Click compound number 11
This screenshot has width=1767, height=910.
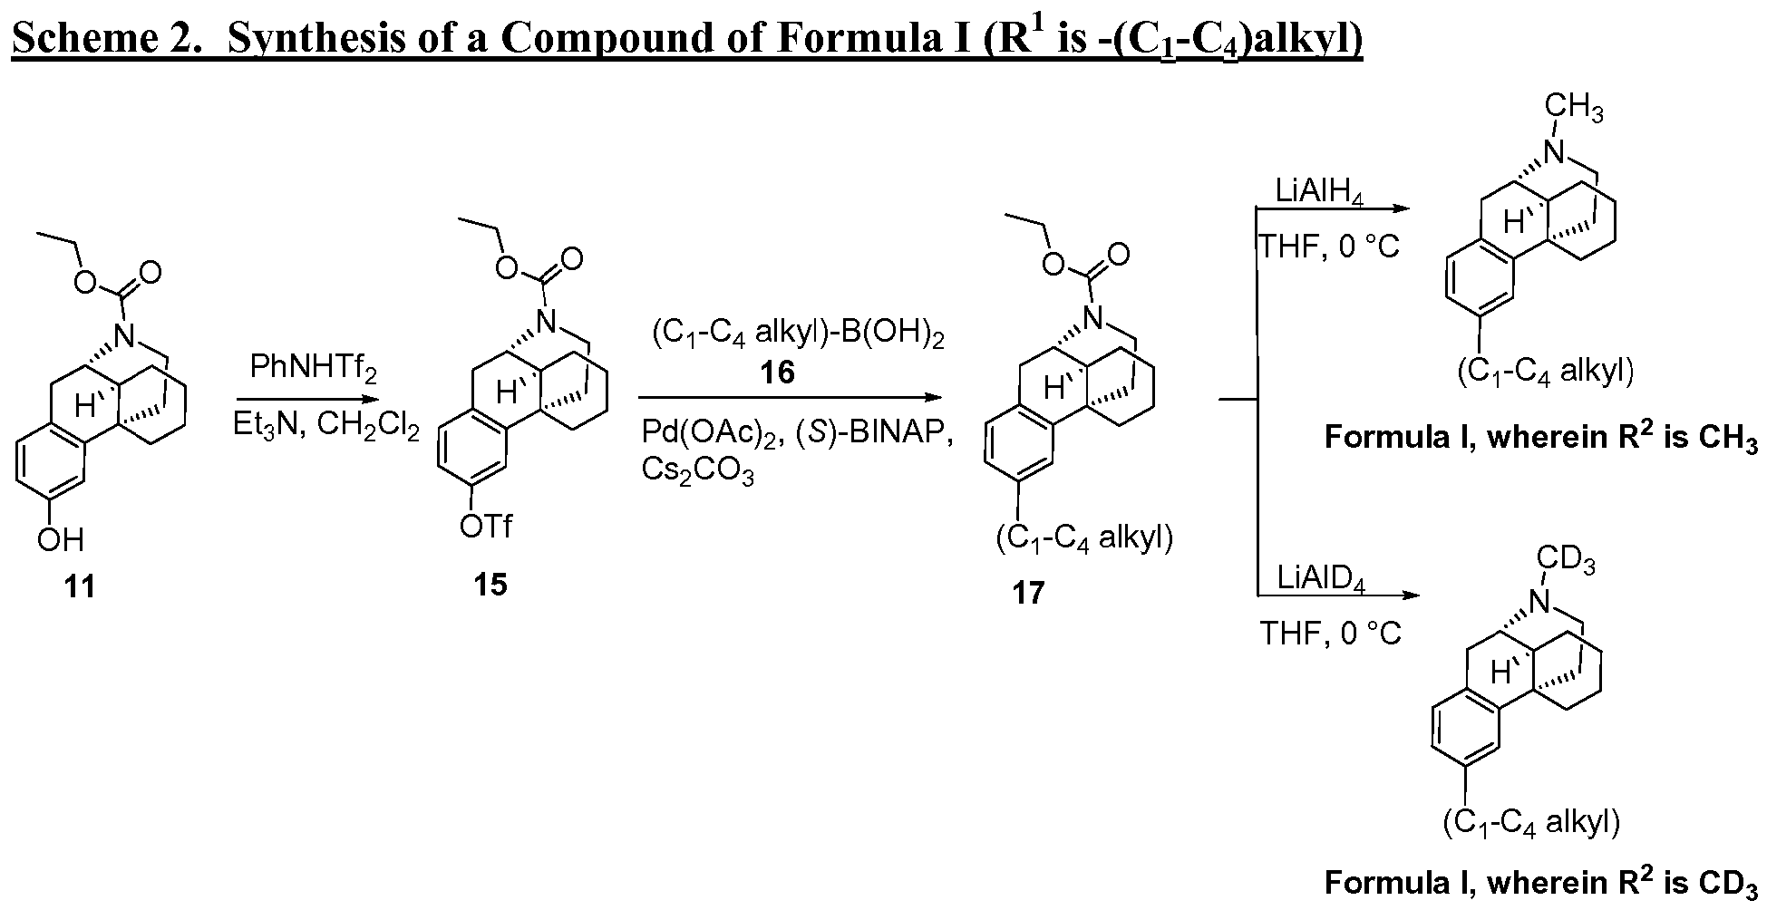[x=80, y=587]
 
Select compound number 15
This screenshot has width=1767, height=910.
[x=490, y=585]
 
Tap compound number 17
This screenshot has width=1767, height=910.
[x=1028, y=594]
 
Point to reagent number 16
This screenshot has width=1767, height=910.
[x=778, y=373]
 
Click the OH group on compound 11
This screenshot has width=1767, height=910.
[x=61, y=540]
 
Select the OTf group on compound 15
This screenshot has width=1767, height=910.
[x=486, y=526]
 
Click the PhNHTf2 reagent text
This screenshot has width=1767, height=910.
[x=313, y=369]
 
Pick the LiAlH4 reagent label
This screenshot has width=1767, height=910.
[x=1319, y=192]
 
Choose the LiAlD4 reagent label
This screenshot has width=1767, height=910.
[x=1320, y=578]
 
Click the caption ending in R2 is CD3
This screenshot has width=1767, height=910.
[x=1541, y=883]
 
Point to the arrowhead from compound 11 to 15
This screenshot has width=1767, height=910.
[x=367, y=399]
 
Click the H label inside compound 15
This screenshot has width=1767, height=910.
[x=505, y=392]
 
